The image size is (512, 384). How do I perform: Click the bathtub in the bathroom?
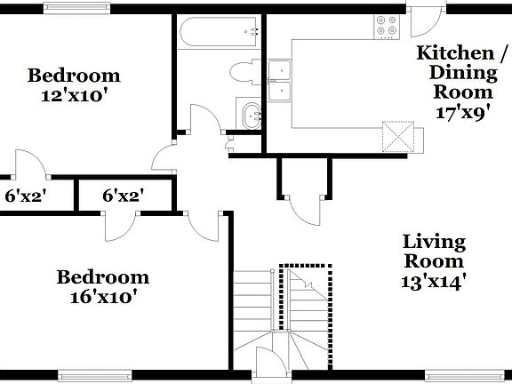click(x=218, y=35)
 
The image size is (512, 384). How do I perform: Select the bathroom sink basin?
click(x=250, y=114)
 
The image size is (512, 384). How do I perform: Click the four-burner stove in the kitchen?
click(x=388, y=28)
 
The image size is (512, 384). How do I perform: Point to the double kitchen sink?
click(x=280, y=80)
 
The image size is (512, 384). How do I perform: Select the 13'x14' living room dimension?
click(x=435, y=282)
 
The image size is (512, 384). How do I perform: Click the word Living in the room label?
click(x=436, y=242)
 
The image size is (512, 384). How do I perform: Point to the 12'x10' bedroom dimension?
click(x=73, y=94)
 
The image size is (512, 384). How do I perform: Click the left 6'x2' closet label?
click(x=26, y=196)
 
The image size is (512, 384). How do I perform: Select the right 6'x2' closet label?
click(x=123, y=196)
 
